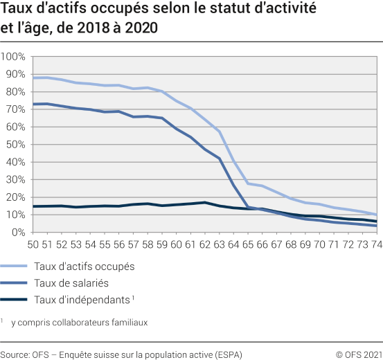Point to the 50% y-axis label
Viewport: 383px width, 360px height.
16,145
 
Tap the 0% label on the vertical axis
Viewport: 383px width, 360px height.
19,233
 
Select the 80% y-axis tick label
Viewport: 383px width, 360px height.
16,91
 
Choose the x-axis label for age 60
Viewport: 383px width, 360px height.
177,244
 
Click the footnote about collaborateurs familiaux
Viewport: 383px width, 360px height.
83,322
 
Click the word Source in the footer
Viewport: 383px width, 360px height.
15,354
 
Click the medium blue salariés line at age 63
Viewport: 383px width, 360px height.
220,159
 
